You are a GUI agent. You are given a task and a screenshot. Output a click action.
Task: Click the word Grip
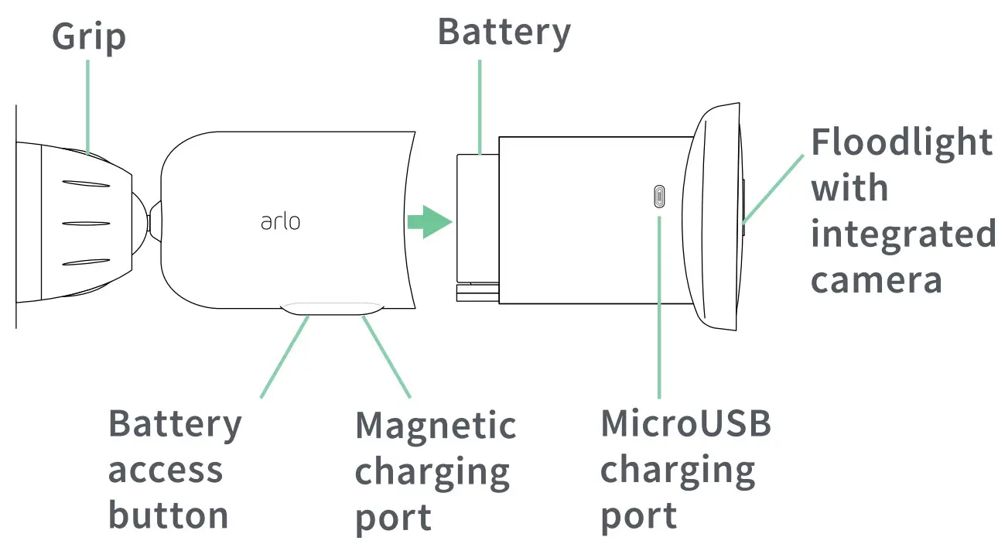pos(89,37)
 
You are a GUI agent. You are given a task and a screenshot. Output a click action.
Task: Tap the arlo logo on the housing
pos(280,222)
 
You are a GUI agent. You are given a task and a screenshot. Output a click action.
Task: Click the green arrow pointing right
pos(429,223)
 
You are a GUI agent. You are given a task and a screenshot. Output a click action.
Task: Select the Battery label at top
pos(504,32)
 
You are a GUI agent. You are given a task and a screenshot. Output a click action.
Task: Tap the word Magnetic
pos(436,426)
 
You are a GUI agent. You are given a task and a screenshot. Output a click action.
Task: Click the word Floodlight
pos(901,142)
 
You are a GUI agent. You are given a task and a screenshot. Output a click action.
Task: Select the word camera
pos(876,279)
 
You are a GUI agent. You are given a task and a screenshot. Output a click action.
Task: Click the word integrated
pos(903,234)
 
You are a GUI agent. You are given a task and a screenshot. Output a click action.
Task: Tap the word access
pos(165,470)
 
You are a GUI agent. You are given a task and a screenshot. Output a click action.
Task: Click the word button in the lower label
pos(168,515)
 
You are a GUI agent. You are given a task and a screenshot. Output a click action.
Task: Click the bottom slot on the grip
pos(87,262)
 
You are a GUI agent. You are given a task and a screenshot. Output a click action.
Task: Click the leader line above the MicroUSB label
pos(659,310)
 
